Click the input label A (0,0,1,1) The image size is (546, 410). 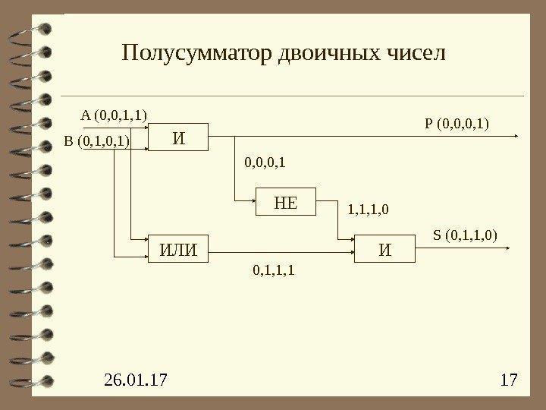coord(114,115)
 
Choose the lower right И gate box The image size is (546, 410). coord(386,249)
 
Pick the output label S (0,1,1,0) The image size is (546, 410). coord(465,235)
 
